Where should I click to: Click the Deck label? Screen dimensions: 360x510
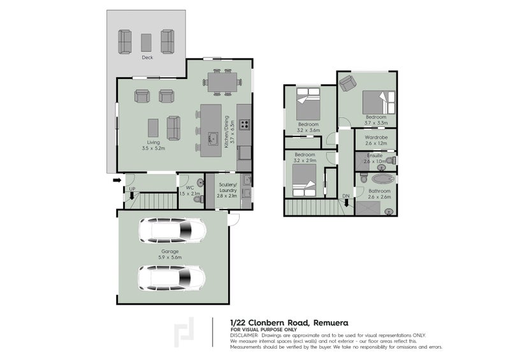[x=147, y=58]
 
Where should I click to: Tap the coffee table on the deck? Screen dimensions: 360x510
[x=147, y=42]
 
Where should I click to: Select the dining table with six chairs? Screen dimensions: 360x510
[x=222, y=82]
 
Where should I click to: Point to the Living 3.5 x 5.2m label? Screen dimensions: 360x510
[x=153, y=145]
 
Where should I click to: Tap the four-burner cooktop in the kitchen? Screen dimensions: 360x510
[x=245, y=124]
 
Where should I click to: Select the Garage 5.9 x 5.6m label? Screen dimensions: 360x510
[x=170, y=254]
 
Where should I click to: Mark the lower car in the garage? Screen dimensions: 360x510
[x=172, y=277]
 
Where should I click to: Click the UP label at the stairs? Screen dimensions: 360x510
[x=132, y=189]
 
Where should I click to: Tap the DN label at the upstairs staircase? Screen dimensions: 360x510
[x=346, y=196]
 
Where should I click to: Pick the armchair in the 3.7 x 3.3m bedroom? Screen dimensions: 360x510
[x=346, y=83]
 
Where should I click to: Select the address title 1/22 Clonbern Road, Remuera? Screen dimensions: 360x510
[x=289, y=323]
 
